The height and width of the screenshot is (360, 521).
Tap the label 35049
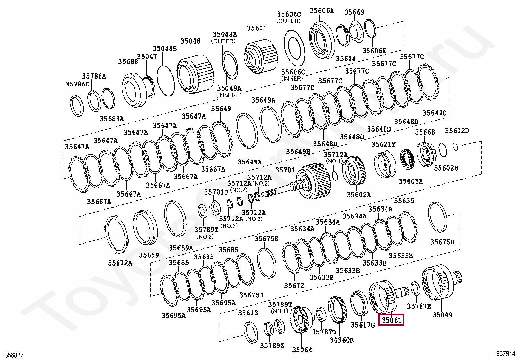442,315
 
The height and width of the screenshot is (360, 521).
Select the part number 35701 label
285,170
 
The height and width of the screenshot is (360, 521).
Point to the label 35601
257,28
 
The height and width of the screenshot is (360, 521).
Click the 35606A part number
322,10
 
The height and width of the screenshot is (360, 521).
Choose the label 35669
354,12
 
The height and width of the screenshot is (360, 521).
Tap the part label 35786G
78,84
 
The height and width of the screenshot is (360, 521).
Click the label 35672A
120,263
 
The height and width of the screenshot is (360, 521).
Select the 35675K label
266,239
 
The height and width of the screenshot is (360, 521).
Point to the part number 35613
248,313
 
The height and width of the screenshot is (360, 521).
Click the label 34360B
341,340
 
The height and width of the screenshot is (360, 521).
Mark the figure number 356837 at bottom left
14,355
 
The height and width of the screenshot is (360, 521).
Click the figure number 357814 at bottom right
506,354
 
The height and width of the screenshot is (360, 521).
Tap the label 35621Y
383,144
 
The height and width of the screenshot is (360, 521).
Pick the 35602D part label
457,131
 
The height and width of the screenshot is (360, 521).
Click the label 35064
302,350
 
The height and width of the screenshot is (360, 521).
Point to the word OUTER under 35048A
224,41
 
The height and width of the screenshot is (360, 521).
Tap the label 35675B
442,242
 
